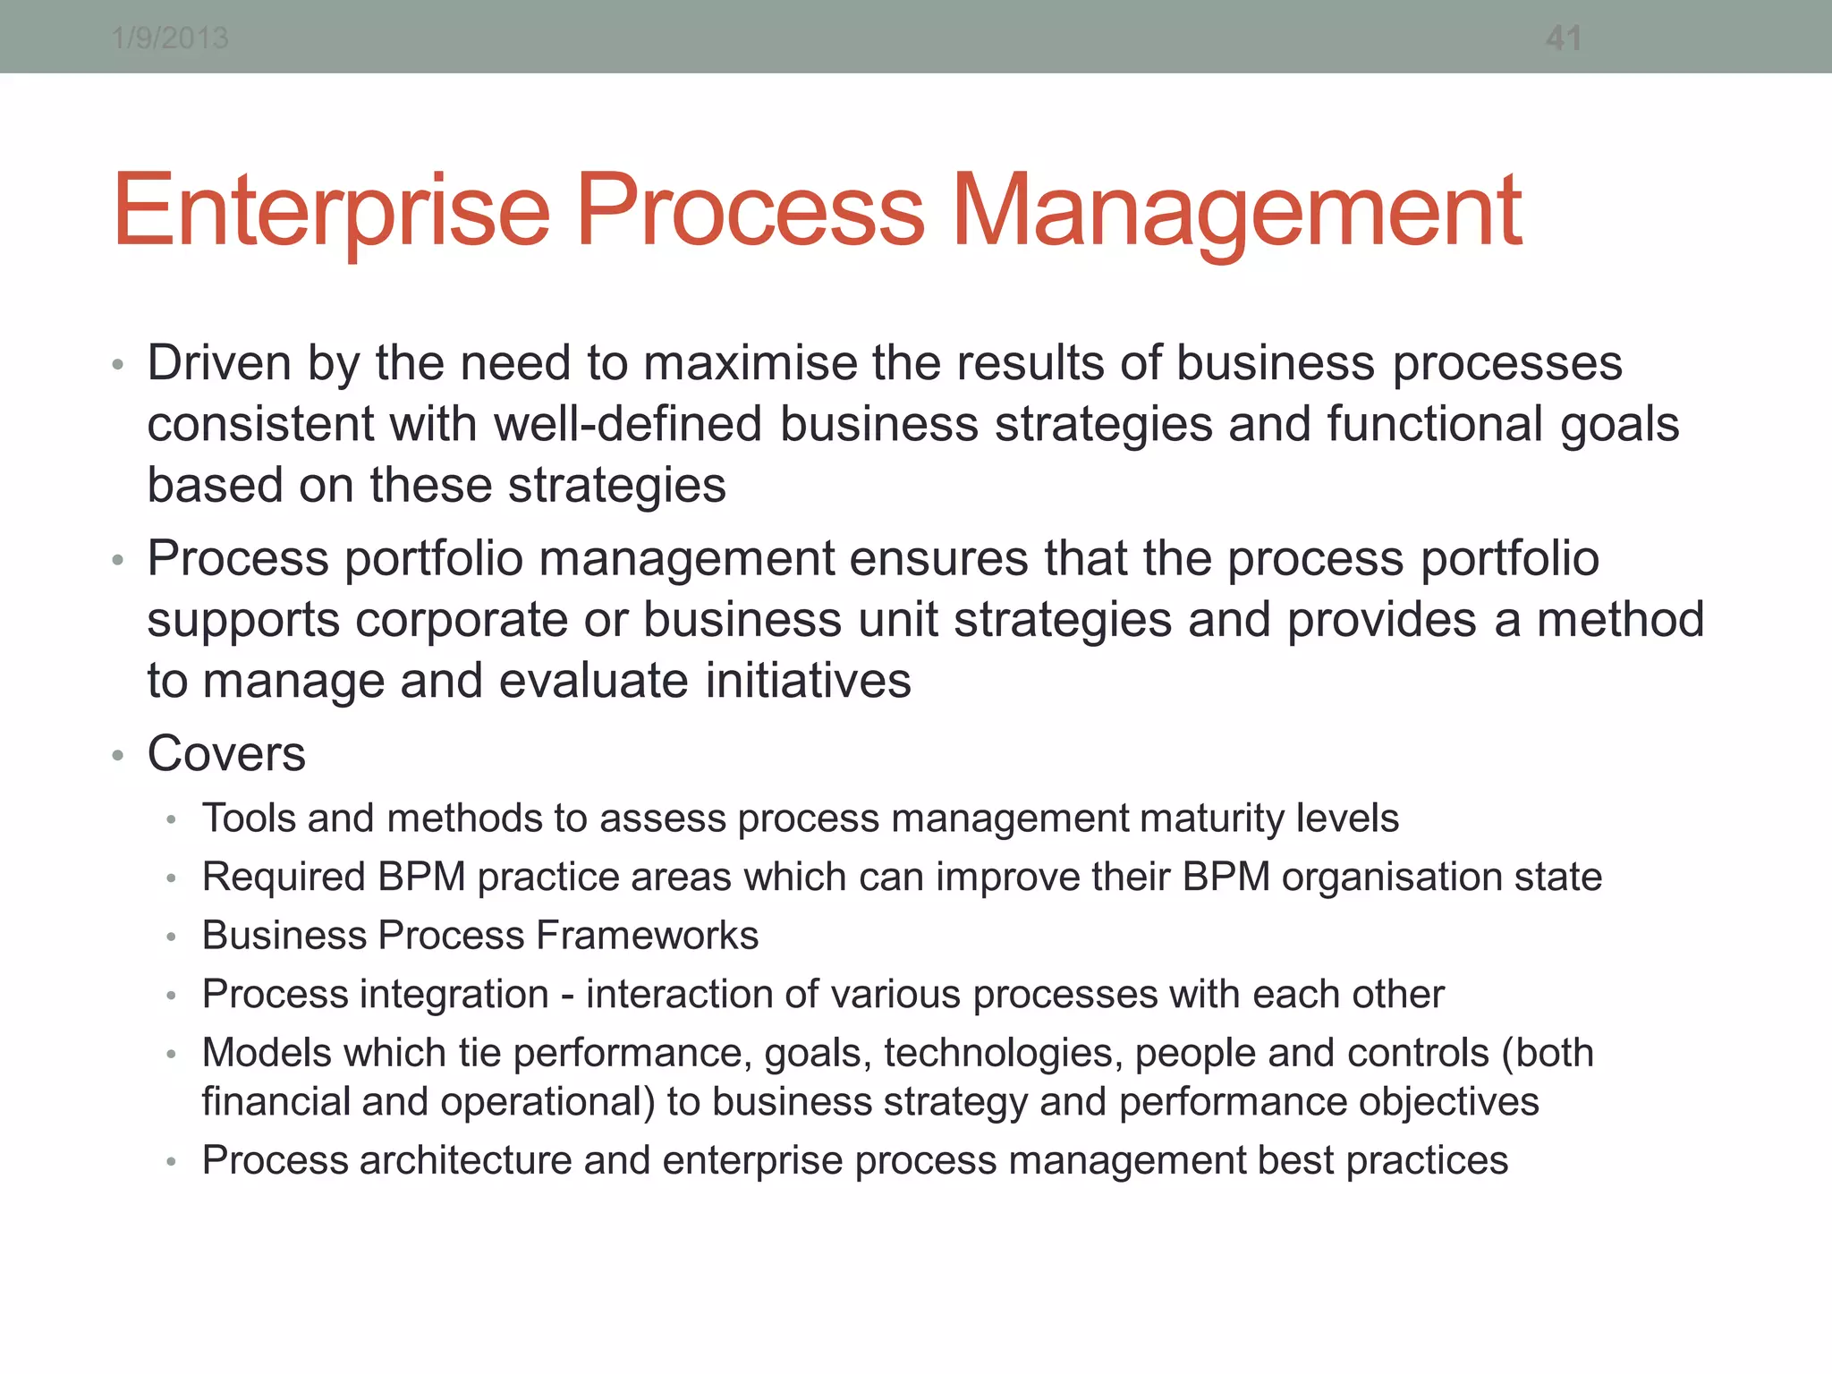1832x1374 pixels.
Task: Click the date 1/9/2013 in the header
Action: pyautogui.click(x=170, y=38)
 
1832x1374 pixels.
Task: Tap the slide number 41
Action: pyautogui.click(x=1564, y=38)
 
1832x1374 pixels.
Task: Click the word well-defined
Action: pyautogui.click(x=628, y=424)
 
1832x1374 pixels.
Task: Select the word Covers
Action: pyautogui.click(x=226, y=753)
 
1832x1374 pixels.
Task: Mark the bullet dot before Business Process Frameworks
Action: pyautogui.click(x=171, y=937)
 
